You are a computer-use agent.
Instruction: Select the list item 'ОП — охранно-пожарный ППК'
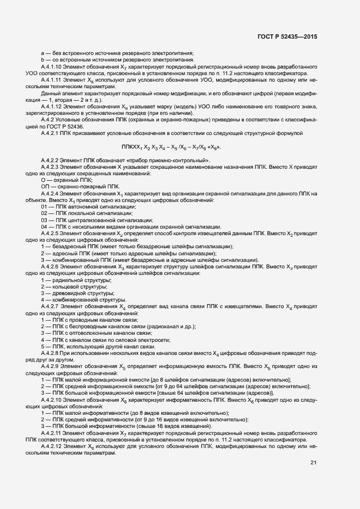(x=75, y=186)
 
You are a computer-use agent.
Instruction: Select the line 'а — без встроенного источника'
(x=117, y=53)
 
